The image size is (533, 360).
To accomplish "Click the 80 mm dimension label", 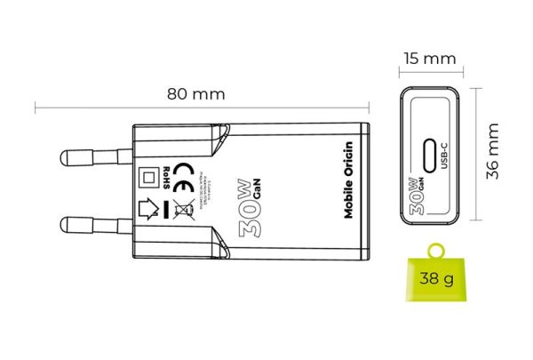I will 196,93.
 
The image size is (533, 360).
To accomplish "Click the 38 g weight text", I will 437,280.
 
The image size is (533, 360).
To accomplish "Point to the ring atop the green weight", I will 437,250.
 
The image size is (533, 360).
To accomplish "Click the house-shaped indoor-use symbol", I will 151,210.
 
